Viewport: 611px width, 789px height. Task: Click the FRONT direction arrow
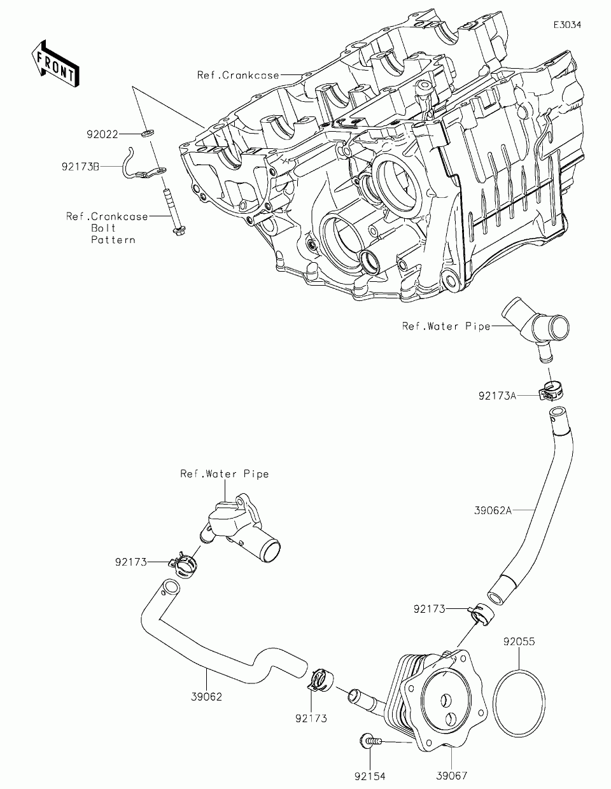coord(55,63)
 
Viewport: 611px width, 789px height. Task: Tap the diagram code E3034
coord(567,25)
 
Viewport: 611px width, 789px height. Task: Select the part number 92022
coord(102,135)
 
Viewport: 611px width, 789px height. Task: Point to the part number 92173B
coord(80,167)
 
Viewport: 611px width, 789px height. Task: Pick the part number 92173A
coord(497,395)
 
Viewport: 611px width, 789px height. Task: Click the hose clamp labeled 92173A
coord(551,391)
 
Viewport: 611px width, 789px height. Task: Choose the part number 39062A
coord(493,510)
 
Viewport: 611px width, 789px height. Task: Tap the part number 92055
coord(519,641)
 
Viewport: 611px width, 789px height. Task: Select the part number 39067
coord(452,776)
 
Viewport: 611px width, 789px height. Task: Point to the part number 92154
coord(370,776)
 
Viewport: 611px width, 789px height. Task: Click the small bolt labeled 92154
coord(370,739)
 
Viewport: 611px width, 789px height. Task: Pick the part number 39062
coord(206,697)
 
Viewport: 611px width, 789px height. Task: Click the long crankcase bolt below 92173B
coord(174,212)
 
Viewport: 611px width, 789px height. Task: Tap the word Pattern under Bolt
coord(113,240)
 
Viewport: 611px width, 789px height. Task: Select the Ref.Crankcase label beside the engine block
coord(238,75)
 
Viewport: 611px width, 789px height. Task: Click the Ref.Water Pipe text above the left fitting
coord(225,474)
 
